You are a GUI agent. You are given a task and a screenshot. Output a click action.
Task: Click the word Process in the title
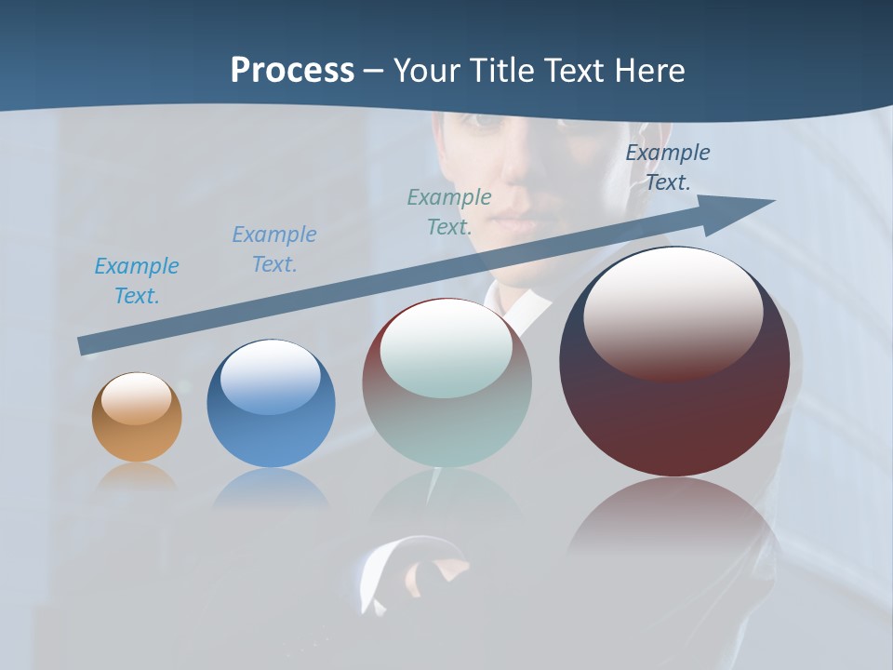[292, 71]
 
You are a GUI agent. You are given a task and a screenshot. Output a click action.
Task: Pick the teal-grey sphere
[446, 383]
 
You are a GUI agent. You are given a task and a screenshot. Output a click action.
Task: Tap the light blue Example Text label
[137, 281]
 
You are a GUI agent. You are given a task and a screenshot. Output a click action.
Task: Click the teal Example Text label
[449, 212]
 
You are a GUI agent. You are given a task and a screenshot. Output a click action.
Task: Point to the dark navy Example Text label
[668, 167]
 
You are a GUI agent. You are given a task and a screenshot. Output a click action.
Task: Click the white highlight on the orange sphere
[137, 398]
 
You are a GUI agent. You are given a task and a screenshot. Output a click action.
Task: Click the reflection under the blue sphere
[271, 489]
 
